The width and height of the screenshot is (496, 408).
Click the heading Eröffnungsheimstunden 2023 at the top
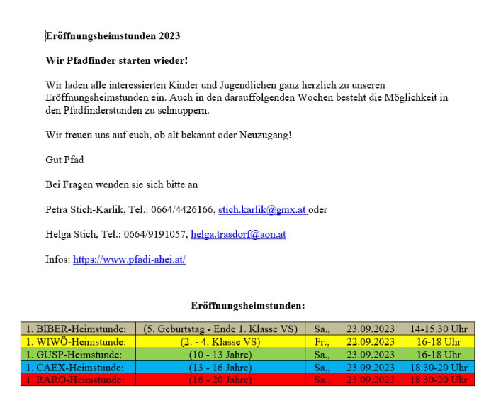click(113, 35)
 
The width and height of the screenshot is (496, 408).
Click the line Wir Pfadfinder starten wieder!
click(116, 60)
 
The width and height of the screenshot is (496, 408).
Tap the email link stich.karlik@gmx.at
click(261, 209)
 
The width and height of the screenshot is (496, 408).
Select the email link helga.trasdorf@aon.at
click(238, 234)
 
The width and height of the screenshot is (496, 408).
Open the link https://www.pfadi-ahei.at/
click(129, 259)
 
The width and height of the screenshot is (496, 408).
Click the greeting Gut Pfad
click(64, 160)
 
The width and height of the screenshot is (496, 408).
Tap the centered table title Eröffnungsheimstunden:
click(248, 306)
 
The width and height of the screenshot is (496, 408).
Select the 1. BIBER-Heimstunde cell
click(77, 329)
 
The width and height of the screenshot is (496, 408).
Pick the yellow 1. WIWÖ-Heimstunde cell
click(77, 341)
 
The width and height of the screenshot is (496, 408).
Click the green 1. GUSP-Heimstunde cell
click(77, 354)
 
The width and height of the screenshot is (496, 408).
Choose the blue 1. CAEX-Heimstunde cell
click(77, 367)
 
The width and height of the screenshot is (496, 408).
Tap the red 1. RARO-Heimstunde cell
click(77, 380)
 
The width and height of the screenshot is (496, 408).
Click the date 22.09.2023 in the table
click(371, 341)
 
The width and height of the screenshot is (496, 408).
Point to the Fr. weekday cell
click(322, 341)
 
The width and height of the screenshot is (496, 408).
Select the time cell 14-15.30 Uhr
click(439, 329)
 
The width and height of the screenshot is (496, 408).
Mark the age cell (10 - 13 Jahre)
click(220, 354)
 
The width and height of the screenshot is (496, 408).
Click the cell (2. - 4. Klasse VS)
click(220, 341)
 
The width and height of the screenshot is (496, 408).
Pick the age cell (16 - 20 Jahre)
click(220, 380)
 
